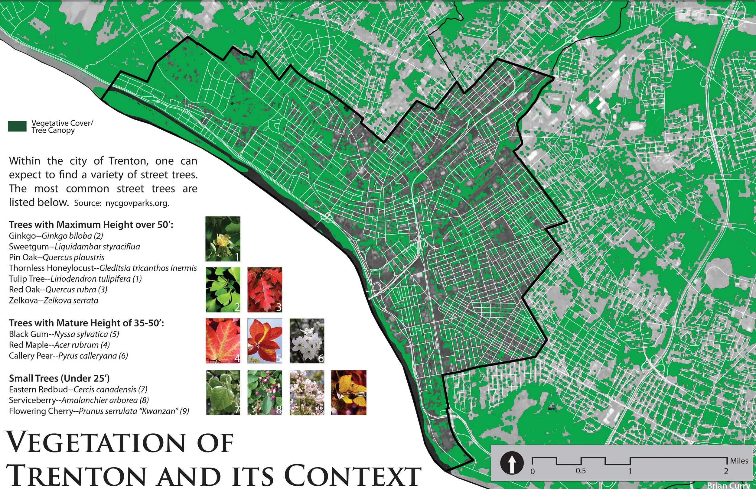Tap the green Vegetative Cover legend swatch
pyautogui.click(x=17, y=126)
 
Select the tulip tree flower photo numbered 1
pyautogui.click(x=223, y=239)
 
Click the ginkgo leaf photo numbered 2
pyautogui.click(x=223, y=290)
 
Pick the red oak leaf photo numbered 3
pyautogui.click(x=265, y=290)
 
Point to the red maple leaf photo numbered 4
pyautogui.click(x=223, y=341)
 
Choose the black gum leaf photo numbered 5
pyautogui.click(x=265, y=341)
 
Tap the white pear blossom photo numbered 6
pyautogui.click(x=307, y=341)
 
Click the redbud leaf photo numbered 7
pyautogui.click(x=223, y=393)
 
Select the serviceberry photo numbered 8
pyautogui.click(x=265, y=393)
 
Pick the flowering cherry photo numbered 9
pyautogui.click(x=307, y=393)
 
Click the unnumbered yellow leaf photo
pyautogui.click(x=348, y=393)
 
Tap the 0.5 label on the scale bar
pyautogui.click(x=581, y=471)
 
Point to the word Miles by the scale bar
pyautogui.click(x=739, y=460)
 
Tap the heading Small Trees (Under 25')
pyautogui.click(x=59, y=378)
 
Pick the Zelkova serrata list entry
pyautogui.click(x=53, y=300)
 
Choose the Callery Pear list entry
pyautogui.click(x=68, y=356)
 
